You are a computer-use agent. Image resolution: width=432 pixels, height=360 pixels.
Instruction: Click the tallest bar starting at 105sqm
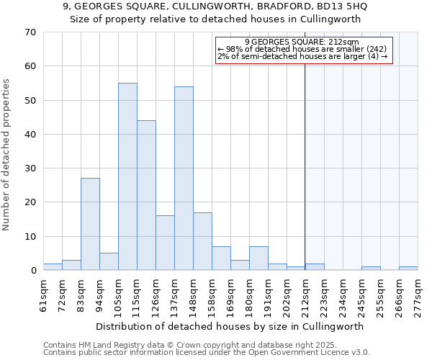pyautogui.click(x=127, y=176)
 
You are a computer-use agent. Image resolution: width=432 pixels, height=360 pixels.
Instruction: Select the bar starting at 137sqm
pyautogui.click(x=184, y=179)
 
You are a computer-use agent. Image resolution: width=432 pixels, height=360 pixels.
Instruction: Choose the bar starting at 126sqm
pyautogui.click(x=165, y=243)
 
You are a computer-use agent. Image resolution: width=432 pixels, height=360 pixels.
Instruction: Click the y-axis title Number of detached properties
pyautogui.click(x=7, y=155)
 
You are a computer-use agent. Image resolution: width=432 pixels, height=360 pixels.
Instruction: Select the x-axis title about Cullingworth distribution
pyautogui.click(x=230, y=326)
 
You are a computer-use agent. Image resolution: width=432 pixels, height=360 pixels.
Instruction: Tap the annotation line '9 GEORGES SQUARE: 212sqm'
pyautogui.click(x=301, y=42)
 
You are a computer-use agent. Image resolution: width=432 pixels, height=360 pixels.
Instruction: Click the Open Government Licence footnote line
pyautogui.click(x=207, y=352)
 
